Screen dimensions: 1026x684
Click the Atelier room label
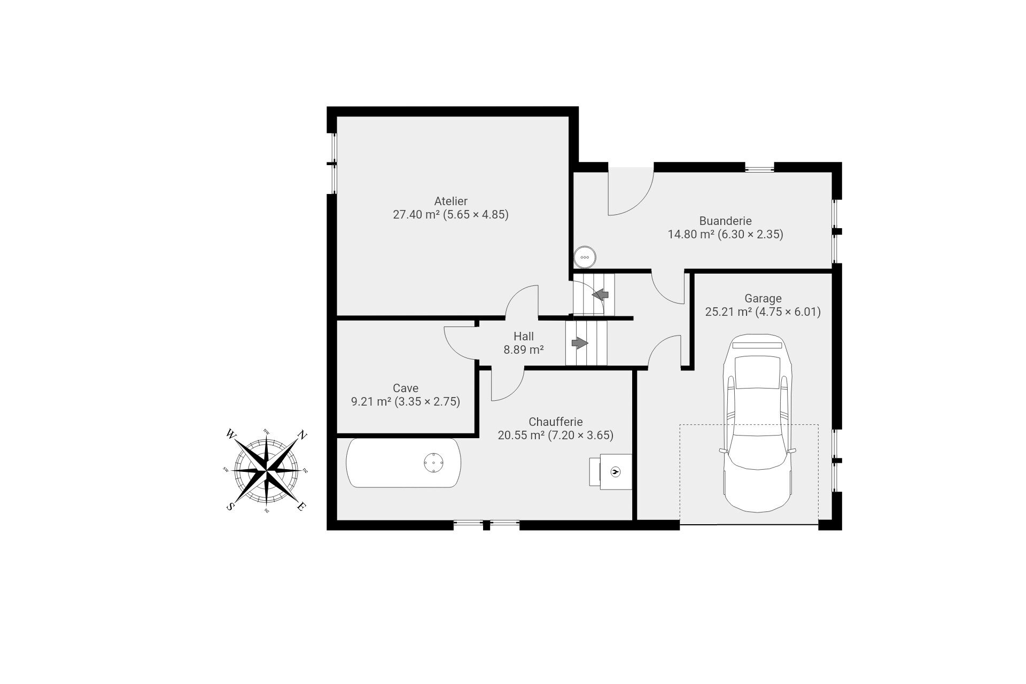450,201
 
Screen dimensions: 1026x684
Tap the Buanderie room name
725,221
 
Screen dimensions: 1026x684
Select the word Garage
763,299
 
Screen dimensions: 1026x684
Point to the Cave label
405,388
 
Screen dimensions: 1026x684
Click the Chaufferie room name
555,422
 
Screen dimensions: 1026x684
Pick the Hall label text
524,337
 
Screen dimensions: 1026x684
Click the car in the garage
758,423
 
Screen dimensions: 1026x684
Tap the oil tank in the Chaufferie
404,463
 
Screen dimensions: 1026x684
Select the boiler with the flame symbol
611,471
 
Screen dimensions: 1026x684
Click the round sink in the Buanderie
585,257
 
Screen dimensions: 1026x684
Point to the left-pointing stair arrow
601,294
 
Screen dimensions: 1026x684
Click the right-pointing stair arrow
580,343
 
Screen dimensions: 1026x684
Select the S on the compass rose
230,507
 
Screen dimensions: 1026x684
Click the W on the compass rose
231,434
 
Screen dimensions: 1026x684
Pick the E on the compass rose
301,507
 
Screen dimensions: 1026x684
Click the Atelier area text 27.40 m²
416,215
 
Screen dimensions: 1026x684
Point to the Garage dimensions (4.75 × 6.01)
788,312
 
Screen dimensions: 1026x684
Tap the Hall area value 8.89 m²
524,350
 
